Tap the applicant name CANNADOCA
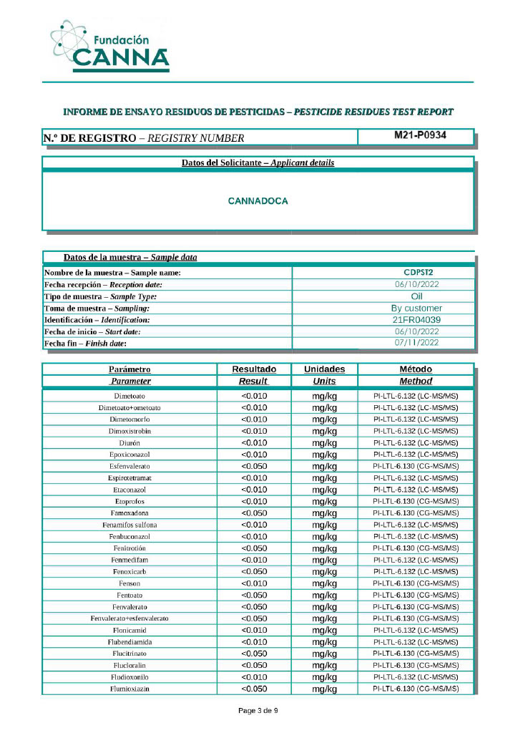[258, 201]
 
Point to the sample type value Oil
[418, 296]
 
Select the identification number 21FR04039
[418, 320]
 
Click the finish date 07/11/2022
[418, 343]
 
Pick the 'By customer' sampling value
[418, 308]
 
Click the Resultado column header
[254, 369]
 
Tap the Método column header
[416, 369]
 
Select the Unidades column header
[324, 369]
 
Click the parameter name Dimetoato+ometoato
[129, 407]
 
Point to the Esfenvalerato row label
[129, 466]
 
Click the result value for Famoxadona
[254, 513]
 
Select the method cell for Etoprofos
[416, 501]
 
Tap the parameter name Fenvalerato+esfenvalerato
[129, 618]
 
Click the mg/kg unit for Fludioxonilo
[324, 676]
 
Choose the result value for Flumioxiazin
[254, 689]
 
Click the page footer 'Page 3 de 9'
[258, 711]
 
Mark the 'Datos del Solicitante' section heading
[258, 163]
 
